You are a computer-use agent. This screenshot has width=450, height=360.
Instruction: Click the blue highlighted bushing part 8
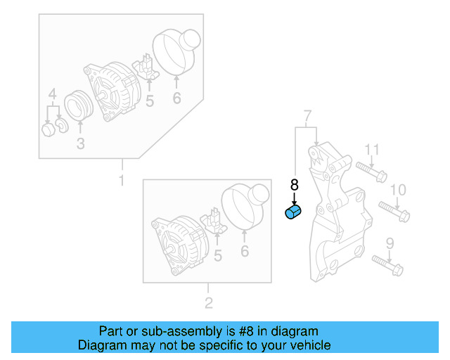292,212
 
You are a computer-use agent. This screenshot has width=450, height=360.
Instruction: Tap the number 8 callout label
294,185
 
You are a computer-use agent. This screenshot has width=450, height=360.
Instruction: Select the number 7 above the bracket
307,115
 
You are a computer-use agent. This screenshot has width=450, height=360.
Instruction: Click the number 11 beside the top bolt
372,149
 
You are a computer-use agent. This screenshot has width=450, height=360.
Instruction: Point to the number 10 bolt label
398,189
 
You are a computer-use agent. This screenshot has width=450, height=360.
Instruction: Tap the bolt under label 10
394,210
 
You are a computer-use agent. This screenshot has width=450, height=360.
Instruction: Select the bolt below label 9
385,265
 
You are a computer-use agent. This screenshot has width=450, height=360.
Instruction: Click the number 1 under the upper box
121,181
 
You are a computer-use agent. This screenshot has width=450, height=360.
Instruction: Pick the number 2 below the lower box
208,304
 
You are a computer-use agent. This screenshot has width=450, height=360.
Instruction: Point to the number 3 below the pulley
80,144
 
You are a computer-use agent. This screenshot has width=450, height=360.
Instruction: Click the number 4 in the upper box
52,95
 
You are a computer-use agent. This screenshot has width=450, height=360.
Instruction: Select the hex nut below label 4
48,130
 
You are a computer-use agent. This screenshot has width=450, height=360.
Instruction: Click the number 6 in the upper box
176,98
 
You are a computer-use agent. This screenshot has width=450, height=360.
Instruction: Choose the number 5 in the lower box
217,257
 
